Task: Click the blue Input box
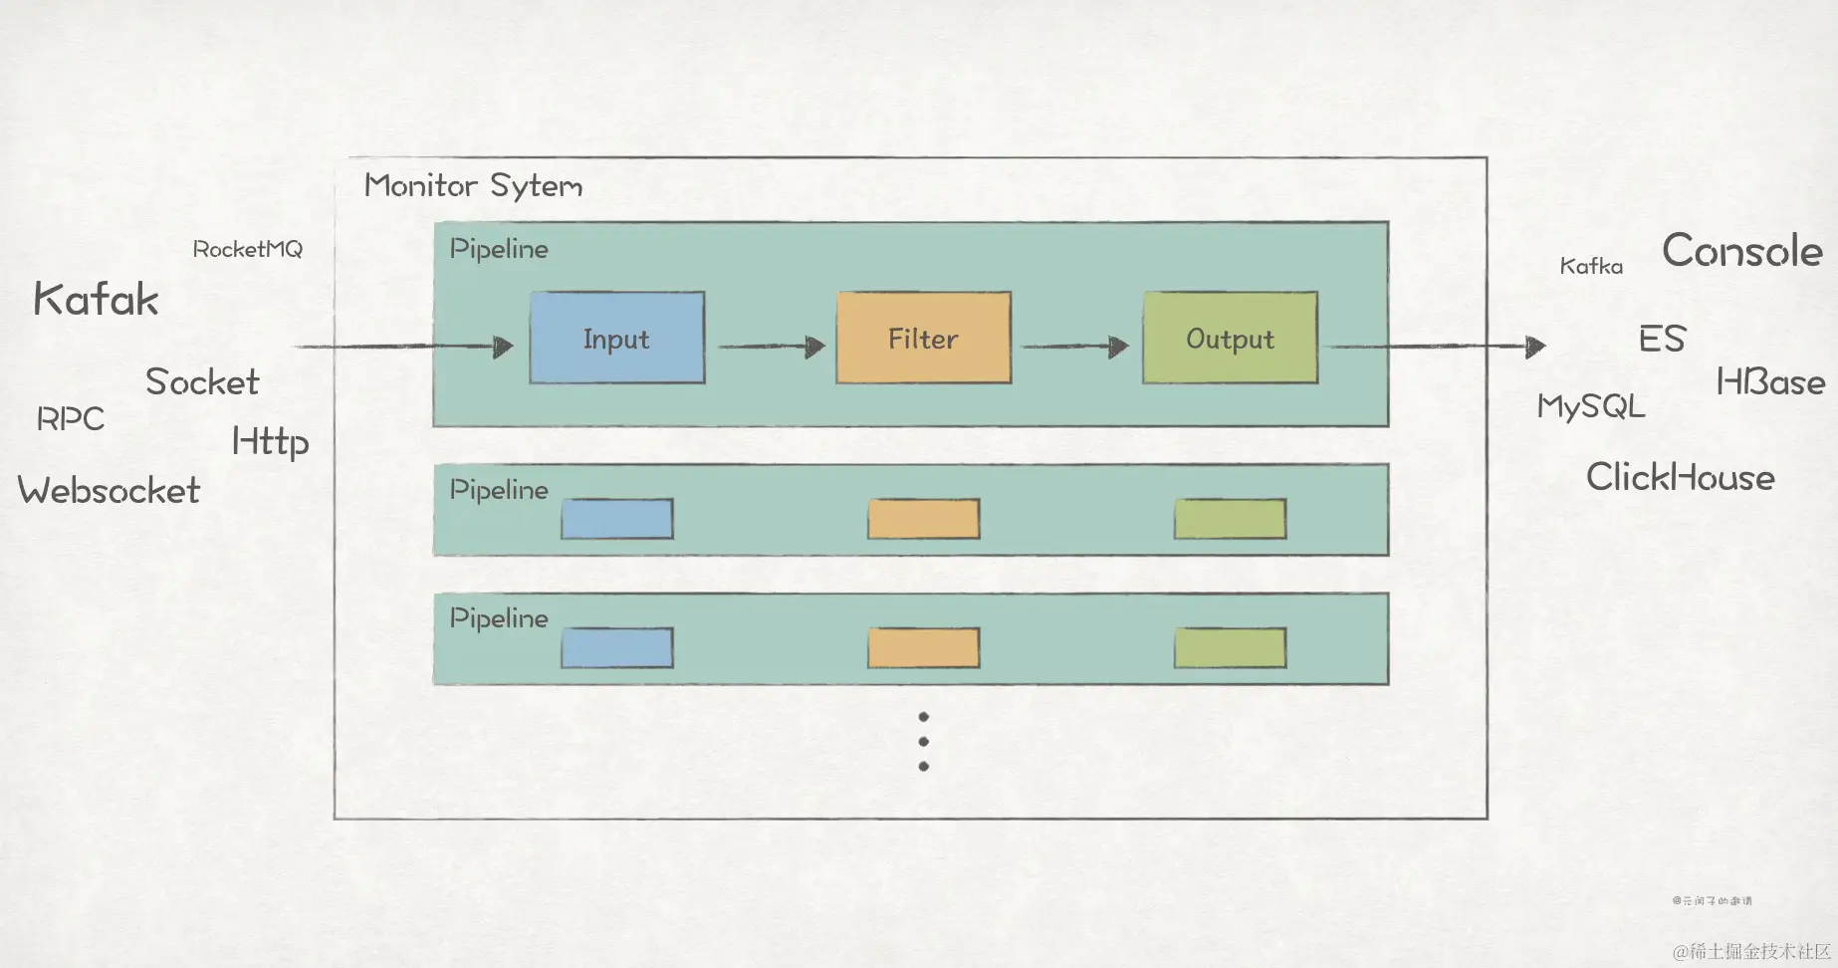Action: point(616,338)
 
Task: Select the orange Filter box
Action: point(923,338)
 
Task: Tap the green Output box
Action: point(1230,338)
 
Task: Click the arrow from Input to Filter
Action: point(771,347)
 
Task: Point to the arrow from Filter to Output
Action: point(1075,347)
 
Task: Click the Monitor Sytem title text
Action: point(473,185)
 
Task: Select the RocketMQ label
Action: point(247,249)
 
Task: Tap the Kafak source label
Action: point(96,299)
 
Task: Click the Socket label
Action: point(202,381)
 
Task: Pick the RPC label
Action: point(70,418)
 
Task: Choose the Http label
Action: point(270,441)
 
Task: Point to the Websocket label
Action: point(109,490)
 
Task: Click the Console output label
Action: point(1741,250)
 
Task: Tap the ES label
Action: point(1662,339)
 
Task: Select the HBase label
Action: point(1770,381)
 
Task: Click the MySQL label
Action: point(1590,406)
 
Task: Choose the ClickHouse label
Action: point(1680,477)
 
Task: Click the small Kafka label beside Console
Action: point(1590,266)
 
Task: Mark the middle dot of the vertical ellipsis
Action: point(924,742)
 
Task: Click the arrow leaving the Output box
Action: point(1438,347)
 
